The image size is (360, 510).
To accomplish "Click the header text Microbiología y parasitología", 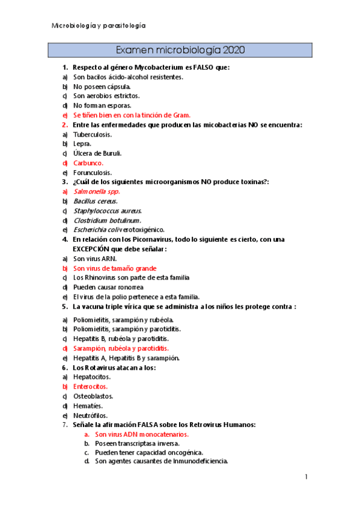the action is tap(99, 26).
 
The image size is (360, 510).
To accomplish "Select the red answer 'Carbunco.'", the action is tap(88, 163).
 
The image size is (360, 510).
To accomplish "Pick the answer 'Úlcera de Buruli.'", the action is tap(97, 153).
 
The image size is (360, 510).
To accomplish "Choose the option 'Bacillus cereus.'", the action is tap(96, 201).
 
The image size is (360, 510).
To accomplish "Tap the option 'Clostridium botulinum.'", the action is tap(107, 220).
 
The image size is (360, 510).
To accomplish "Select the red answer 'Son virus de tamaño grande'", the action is tap(115, 268).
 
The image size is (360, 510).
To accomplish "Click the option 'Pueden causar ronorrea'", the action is tap(109, 287).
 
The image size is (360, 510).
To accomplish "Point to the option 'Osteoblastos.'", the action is tap(93, 396).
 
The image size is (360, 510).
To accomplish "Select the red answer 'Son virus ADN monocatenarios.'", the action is tap(142, 434).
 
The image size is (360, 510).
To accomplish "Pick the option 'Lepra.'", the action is tap(82, 144).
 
